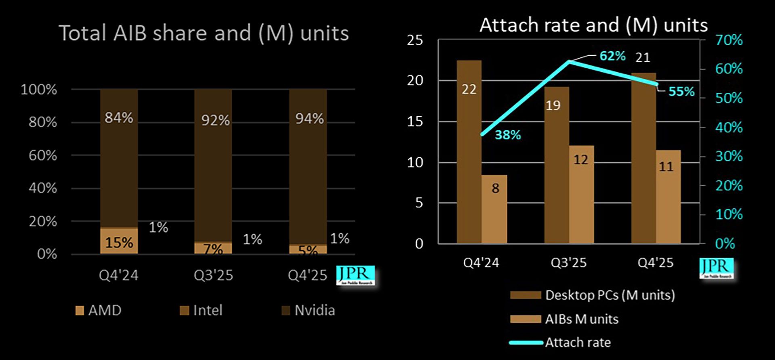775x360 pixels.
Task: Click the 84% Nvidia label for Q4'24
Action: point(119,118)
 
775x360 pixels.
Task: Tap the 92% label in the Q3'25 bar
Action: point(215,120)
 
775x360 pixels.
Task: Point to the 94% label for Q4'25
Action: point(309,119)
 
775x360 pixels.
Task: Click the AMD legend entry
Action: point(98,310)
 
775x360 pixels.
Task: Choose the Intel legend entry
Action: point(201,310)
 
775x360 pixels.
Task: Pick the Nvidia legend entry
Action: point(309,310)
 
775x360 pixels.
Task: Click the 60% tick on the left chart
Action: point(43,155)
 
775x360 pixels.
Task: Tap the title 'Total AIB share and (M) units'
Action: point(204,33)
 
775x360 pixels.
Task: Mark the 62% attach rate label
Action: point(612,56)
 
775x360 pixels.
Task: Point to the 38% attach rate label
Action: point(508,135)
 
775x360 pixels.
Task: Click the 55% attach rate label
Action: point(681,92)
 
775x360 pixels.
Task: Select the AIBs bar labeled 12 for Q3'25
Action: point(581,194)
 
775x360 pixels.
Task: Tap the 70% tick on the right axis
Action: point(729,40)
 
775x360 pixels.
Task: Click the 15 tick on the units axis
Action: point(415,121)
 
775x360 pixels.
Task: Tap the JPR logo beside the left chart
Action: point(356,275)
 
